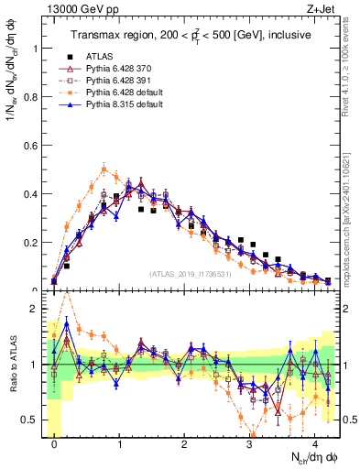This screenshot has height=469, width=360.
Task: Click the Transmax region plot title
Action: (191, 35)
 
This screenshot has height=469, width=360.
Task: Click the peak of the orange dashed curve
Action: (104, 168)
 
